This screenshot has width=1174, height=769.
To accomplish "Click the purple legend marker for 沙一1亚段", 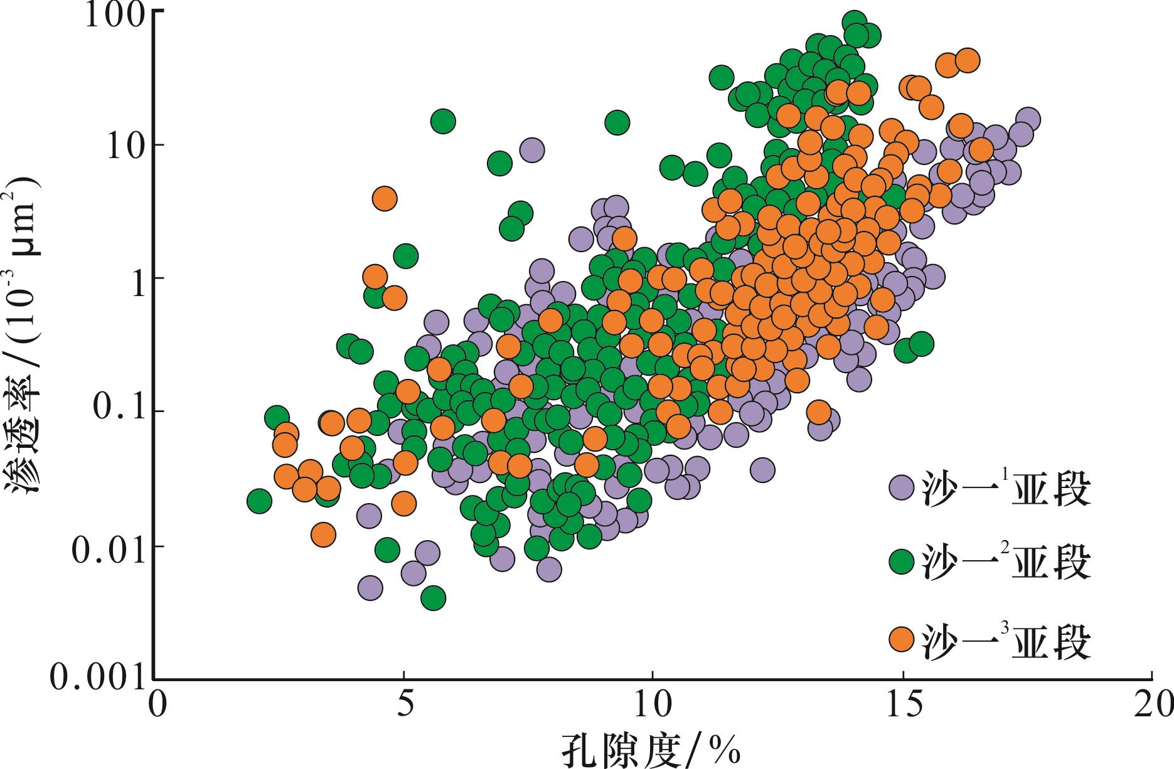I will point(902,487).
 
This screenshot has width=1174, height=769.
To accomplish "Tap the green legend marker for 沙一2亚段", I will point(902,560).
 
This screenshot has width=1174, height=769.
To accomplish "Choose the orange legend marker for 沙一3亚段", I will point(902,639).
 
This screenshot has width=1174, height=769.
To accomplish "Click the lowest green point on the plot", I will point(433,598).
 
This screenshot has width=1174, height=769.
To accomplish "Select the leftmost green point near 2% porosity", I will point(259,501).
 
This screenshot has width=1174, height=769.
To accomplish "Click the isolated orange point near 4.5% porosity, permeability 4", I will point(384,199).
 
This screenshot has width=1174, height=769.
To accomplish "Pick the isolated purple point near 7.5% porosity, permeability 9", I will point(532,150).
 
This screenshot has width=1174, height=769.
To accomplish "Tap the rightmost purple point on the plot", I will point(1027,119).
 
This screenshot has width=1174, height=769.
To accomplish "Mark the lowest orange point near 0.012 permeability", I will point(323,534).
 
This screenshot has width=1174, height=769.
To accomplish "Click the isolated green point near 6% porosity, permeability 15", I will point(443,121).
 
